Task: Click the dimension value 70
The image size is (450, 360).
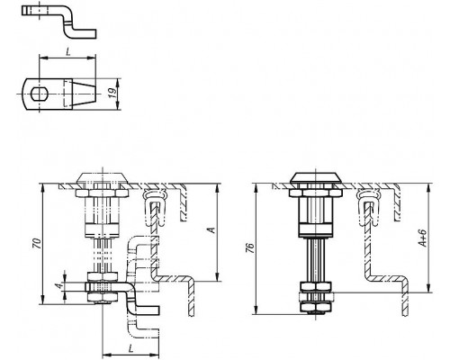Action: click(x=37, y=243)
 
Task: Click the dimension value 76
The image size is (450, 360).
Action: click(x=250, y=247)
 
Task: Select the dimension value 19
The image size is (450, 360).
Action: click(x=112, y=94)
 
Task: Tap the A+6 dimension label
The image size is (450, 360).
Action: click(x=422, y=238)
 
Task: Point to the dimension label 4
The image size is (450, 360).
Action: click(x=61, y=285)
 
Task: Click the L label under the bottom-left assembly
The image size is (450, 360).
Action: click(x=130, y=348)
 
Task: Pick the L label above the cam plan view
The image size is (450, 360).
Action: click(x=68, y=52)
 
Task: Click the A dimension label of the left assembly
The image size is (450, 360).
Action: click(x=211, y=230)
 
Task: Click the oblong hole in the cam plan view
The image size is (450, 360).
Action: click(x=39, y=94)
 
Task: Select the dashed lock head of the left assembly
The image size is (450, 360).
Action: click(x=103, y=178)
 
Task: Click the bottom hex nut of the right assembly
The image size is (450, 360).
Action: click(x=315, y=307)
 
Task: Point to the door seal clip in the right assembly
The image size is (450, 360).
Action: click(x=368, y=207)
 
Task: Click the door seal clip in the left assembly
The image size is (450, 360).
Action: click(x=154, y=207)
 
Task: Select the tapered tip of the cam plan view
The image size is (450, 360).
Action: click(x=84, y=94)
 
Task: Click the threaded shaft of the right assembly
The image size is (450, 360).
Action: click(x=315, y=260)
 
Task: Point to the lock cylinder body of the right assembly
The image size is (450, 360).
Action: click(x=315, y=211)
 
